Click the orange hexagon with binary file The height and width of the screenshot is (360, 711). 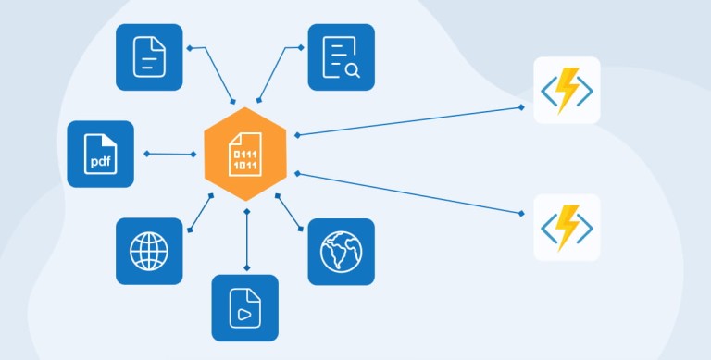(245, 155)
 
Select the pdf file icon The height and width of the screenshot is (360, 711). (101, 155)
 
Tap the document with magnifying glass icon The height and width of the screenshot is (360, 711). (342, 57)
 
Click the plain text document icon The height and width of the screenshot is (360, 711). (149, 57)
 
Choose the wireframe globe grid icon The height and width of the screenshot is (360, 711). (149, 251)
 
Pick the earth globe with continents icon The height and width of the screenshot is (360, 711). (342, 252)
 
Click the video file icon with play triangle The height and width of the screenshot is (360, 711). (244, 308)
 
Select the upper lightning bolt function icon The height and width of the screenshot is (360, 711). (567, 90)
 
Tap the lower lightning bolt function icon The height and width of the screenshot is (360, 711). (567, 228)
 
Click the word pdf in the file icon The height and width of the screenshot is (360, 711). (101, 162)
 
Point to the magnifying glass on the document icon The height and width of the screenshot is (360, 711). (353, 70)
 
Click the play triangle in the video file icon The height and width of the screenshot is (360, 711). (244, 315)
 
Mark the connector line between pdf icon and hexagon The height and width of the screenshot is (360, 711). (170, 155)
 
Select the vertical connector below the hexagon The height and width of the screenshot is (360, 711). (246, 240)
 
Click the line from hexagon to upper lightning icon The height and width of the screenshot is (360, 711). (409, 121)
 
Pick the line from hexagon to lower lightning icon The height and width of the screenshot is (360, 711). (409, 193)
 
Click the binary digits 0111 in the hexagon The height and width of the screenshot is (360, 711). (245, 155)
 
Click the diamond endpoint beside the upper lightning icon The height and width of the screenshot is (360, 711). (521, 107)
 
